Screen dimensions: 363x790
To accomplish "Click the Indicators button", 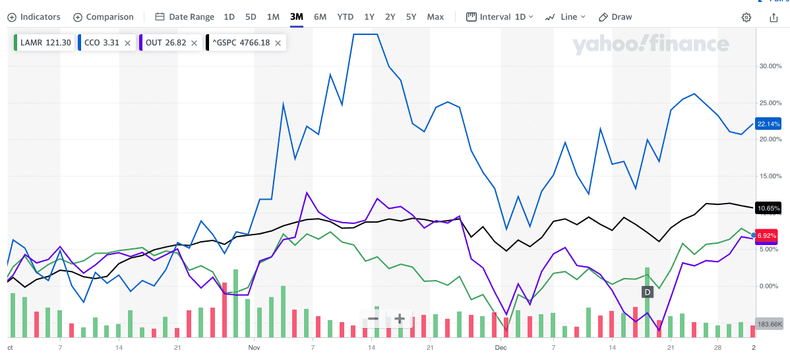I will pyautogui.click(x=34, y=17).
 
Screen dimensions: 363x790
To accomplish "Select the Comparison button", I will pyautogui.click(x=104, y=17).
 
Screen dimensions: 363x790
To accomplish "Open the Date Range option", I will pyautogui.click(x=184, y=17).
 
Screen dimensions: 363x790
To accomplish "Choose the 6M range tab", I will pyautogui.click(x=320, y=17).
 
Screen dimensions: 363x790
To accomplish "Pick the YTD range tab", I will pyautogui.click(x=345, y=17).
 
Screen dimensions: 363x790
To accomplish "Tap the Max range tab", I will pyautogui.click(x=435, y=17).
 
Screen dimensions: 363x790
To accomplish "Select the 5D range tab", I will pyautogui.click(x=251, y=17).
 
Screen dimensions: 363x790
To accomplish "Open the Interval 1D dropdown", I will pyautogui.click(x=500, y=17).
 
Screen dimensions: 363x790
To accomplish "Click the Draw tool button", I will pyautogui.click(x=615, y=17).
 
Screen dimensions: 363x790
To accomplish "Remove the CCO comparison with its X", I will pyautogui.click(x=127, y=43).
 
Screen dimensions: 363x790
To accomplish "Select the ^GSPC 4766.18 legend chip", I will pyautogui.click(x=241, y=43).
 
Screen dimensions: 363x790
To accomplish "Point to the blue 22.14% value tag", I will pyautogui.click(x=768, y=124).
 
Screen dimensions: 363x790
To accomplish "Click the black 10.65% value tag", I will pyautogui.click(x=768, y=208).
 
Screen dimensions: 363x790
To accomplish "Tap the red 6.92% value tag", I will pyautogui.click(x=768, y=235).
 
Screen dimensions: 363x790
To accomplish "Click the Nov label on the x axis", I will pyautogui.click(x=255, y=347).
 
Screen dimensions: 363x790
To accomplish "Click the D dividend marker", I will pyautogui.click(x=648, y=291).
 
